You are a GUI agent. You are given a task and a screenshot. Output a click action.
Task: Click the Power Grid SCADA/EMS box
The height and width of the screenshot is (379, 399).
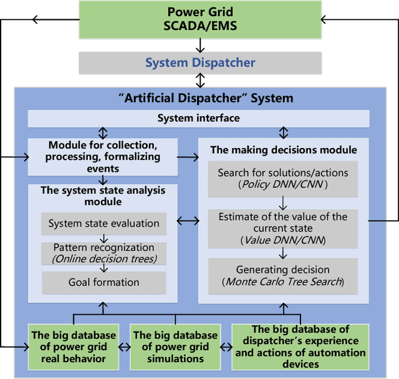(x=199, y=19)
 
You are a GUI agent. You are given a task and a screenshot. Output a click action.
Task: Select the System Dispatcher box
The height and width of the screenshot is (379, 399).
(x=199, y=62)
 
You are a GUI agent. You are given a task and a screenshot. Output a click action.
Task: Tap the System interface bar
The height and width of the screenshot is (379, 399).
(x=198, y=118)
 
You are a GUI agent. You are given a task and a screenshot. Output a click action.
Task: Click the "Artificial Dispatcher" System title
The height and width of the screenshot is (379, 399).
(x=206, y=98)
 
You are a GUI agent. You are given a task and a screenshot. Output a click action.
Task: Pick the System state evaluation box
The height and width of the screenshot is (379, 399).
(x=103, y=223)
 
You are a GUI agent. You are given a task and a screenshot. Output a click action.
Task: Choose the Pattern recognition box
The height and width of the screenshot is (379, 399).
(x=103, y=253)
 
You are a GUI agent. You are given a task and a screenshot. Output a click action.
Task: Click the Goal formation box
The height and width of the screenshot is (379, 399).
(x=103, y=282)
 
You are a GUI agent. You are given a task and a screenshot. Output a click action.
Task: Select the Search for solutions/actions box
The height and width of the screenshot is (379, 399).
(x=283, y=178)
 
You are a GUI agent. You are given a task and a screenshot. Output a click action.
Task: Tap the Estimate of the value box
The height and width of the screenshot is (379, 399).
(x=283, y=227)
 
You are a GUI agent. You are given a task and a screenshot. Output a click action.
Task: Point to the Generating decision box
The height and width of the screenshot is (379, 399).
(x=283, y=275)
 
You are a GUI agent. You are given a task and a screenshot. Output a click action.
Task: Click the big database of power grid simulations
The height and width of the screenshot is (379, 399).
(x=175, y=347)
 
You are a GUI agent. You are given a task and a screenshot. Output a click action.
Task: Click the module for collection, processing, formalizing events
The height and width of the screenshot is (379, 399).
(x=103, y=157)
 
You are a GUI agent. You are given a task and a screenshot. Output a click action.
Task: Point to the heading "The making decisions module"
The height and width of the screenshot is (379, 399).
(x=283, y=150)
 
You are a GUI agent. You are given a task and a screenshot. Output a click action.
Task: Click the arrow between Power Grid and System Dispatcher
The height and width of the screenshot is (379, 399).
(x=199, y=44)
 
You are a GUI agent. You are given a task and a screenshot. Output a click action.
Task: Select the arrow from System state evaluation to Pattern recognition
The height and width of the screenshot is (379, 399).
(x=103, y=238)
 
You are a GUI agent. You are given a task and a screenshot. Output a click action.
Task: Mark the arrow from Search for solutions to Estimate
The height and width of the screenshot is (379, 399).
(x=283, y=202)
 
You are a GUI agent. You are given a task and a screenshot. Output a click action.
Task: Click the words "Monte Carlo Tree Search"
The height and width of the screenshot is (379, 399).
(x=283, y=282)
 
